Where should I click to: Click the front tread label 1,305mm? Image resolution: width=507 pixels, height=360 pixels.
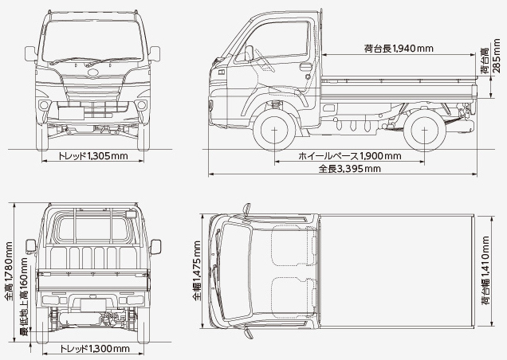coord(93,155)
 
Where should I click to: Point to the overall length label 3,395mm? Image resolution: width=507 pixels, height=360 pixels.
coord(349,169)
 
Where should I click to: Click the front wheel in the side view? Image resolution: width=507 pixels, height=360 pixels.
coord(274,129)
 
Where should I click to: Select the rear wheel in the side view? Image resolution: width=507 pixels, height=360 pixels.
coord(424,129)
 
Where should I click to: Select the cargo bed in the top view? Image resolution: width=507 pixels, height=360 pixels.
coord(399,269)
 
